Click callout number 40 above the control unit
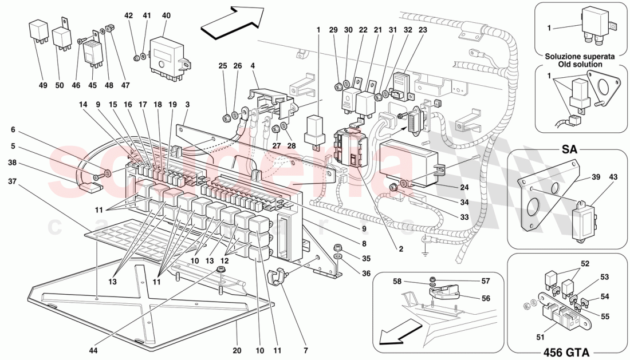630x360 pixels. point(166,15)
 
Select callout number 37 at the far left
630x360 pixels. point(12,181)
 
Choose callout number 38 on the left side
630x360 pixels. point(12,163)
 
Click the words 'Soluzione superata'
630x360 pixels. point(580,57)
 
